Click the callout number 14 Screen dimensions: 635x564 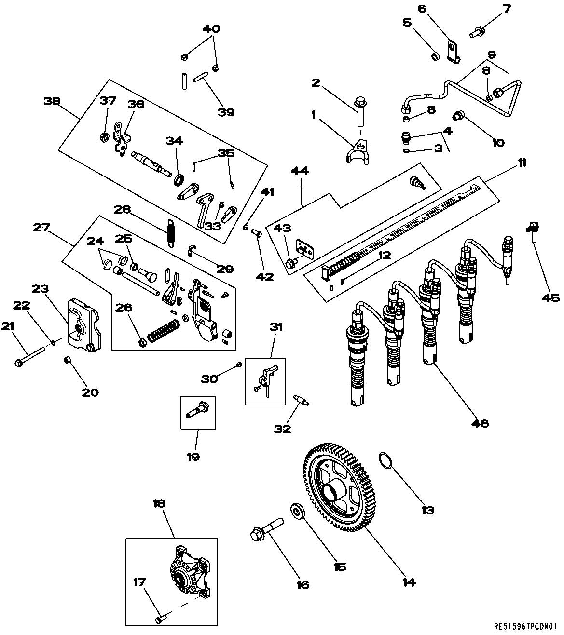tap(408, 582)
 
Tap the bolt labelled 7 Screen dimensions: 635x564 tap(477, 32)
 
